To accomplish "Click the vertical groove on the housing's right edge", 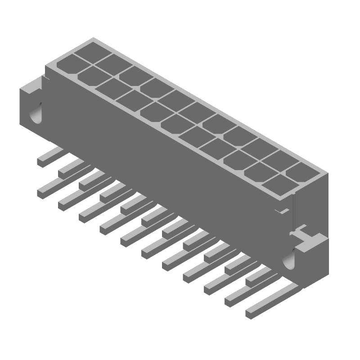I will pos(293,211).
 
